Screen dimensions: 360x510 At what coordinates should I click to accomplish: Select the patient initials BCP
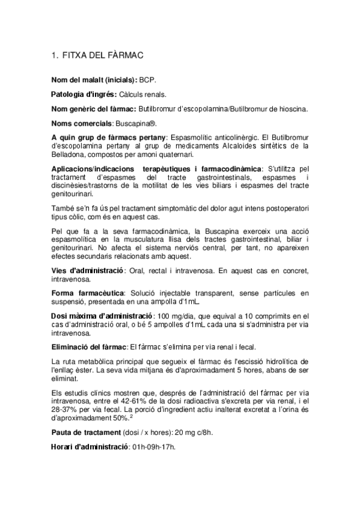[x=148, y=79]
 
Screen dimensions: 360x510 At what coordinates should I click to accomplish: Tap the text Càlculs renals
[x=143, y=94]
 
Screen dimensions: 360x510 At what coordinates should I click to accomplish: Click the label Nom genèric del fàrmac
[x=94, y=108]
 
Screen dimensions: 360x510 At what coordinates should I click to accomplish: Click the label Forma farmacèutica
[x=84, y=293]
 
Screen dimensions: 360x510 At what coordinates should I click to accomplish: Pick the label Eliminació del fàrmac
[x=89, y=347]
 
